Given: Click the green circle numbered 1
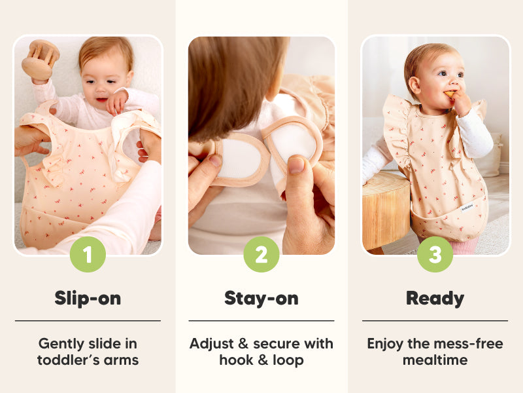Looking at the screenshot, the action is (88, 254).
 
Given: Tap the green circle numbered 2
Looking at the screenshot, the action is (261, 254).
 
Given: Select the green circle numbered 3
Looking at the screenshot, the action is (435, 254).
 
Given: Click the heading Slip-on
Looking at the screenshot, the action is (88, 298).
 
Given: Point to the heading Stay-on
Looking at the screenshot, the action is (261, 299).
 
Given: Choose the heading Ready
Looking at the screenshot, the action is (435, 299).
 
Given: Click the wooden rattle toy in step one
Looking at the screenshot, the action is (41, 60).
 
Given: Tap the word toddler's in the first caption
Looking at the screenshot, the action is (67, 360).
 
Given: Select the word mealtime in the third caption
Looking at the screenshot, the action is (435, 360).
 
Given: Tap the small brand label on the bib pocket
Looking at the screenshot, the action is (467, 208).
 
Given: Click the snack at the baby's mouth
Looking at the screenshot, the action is (449, 94).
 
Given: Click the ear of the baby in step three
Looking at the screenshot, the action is (414, 85).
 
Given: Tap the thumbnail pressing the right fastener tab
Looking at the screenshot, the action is (296, 165).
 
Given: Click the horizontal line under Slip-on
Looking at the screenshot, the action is (88, 321).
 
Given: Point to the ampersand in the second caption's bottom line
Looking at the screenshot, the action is (263, 360).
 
